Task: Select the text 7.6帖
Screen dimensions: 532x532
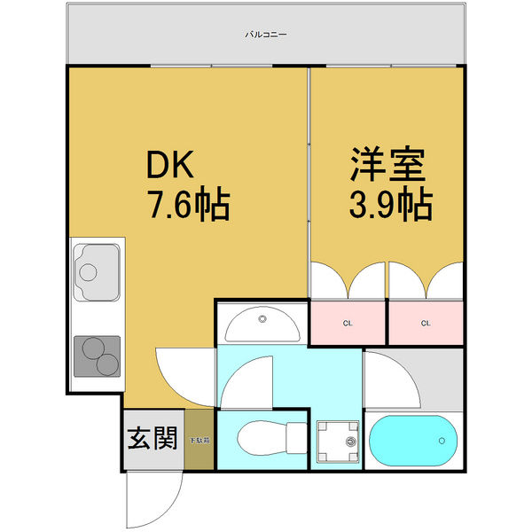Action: [x=187, y=206]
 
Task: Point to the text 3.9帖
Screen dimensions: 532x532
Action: [x=390, y=206]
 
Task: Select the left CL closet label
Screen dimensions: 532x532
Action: [x=348, y=323]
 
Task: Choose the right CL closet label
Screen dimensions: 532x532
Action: [x=426, y=323]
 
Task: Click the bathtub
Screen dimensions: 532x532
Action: [x=412, y=440]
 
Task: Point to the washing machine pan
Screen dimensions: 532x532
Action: [x=339, y=441]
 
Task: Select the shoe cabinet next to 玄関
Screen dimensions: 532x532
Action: [x=199, y=439]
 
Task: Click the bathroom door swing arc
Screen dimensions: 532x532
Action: [x=390, y=377]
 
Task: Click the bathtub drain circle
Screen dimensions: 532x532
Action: [x=441, y=440]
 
